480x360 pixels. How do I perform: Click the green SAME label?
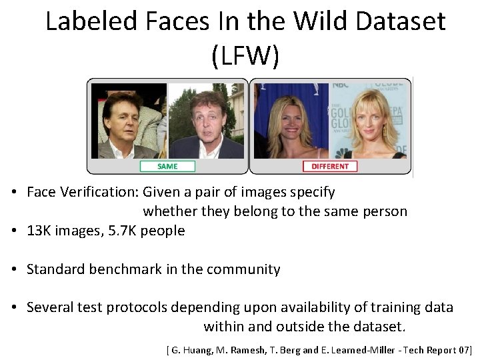[x=167, y=166]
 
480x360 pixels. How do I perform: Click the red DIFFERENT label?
[x=330, y=166]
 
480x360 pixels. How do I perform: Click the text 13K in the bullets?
[x=38, y=231]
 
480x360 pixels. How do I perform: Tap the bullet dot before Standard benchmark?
[x=13, y=269]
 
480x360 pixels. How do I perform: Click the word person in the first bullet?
[x=385, y=211]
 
